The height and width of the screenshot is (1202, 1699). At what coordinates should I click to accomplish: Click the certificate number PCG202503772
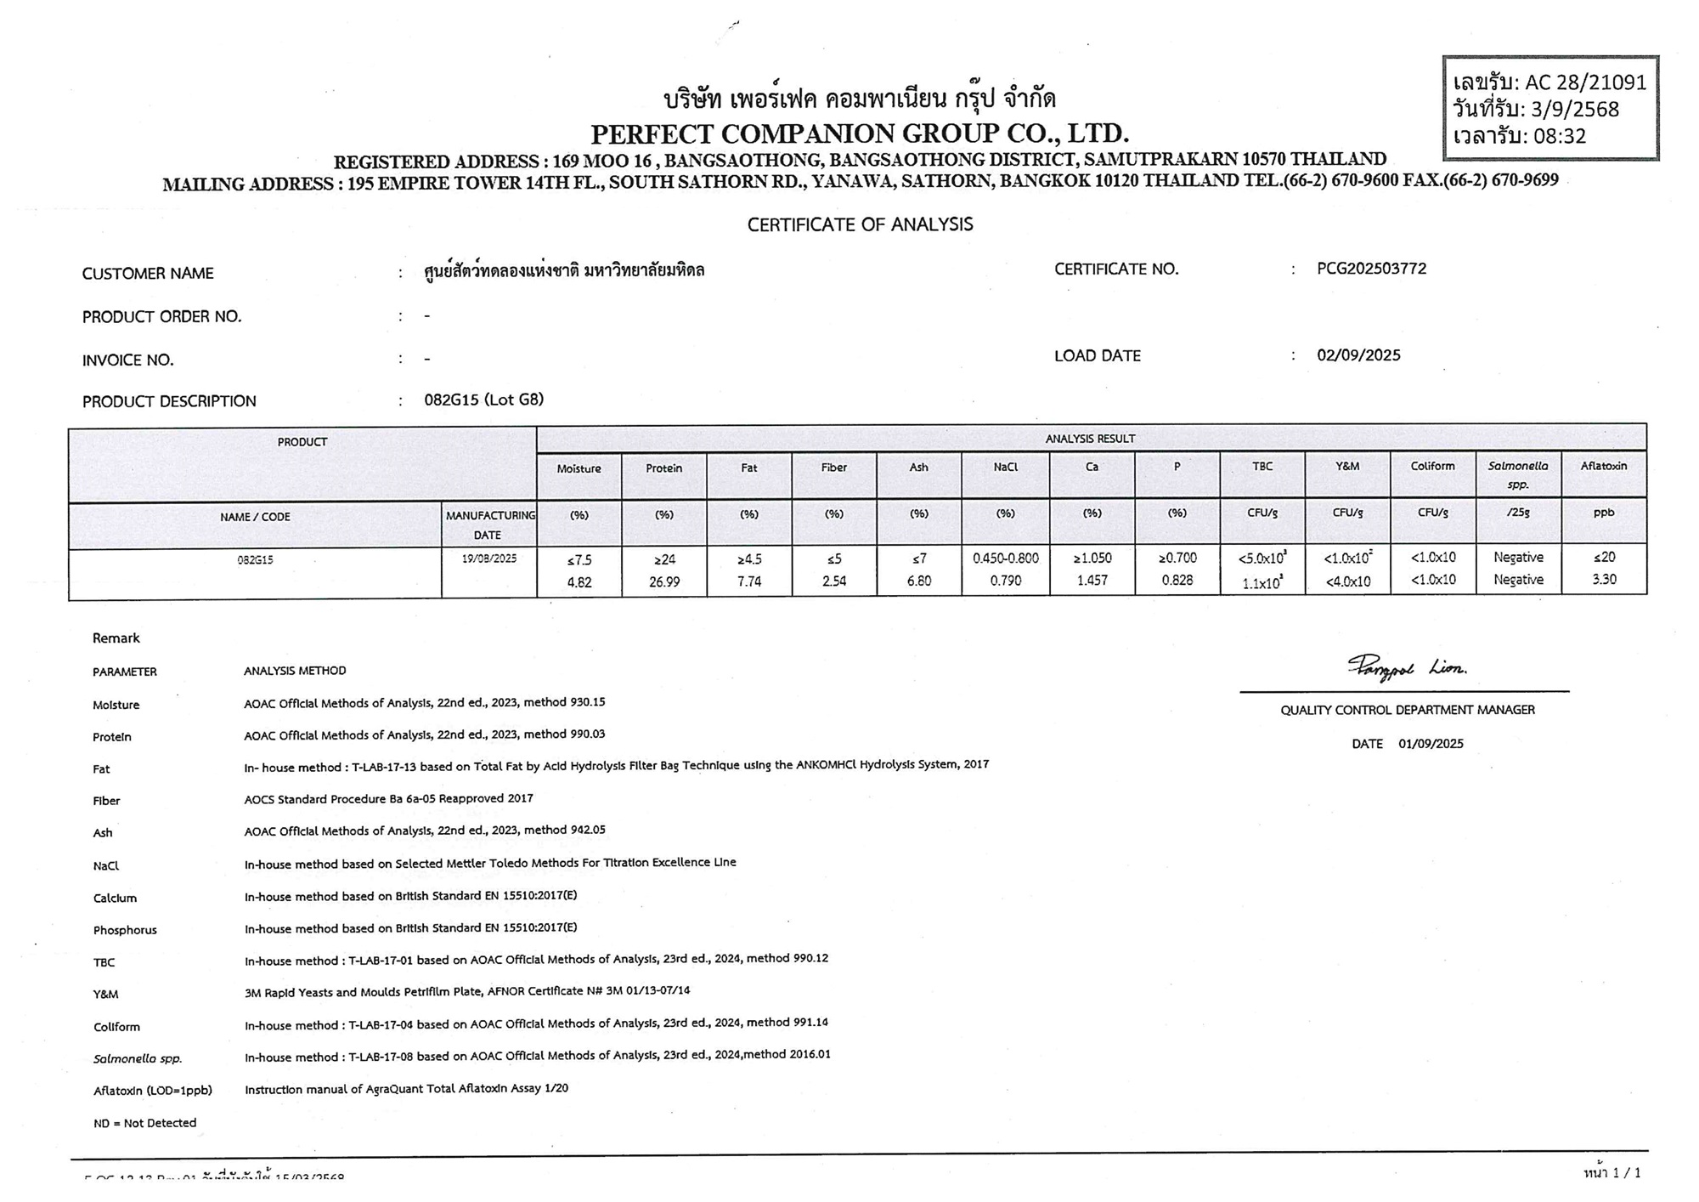pos(1371,269)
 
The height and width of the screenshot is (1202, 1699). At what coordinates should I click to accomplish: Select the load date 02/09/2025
pos(1358,355)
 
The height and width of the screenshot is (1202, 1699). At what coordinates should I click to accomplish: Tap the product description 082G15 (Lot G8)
pos(483,400)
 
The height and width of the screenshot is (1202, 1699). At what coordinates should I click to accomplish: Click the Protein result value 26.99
pos(663,581)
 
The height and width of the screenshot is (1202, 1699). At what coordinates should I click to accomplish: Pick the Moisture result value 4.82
pos(579,582)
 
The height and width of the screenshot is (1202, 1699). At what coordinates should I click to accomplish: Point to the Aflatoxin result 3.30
pos(1603,580)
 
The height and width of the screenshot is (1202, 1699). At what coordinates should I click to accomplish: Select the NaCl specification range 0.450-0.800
pos(1005,558)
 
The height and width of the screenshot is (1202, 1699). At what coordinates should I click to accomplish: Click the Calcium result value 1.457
pos(1092,581)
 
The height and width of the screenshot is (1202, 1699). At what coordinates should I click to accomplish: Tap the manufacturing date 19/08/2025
pos(488,558)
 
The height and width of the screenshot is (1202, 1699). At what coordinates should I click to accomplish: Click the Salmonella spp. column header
pos(1518,474)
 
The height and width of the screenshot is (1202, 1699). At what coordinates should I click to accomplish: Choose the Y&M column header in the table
pos(1347,466)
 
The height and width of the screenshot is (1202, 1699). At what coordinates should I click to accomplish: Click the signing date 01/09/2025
pos(1431,744)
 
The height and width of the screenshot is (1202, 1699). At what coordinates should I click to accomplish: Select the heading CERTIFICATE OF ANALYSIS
pos(860,224)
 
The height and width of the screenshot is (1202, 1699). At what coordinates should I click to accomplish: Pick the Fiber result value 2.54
pos(833,581)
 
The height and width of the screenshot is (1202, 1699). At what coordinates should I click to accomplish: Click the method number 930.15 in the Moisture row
pos(588,702)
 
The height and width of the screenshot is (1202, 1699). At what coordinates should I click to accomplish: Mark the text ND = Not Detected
pos(144,1123)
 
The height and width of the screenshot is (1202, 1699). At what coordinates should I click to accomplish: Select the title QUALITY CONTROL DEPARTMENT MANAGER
pos(1408,710)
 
